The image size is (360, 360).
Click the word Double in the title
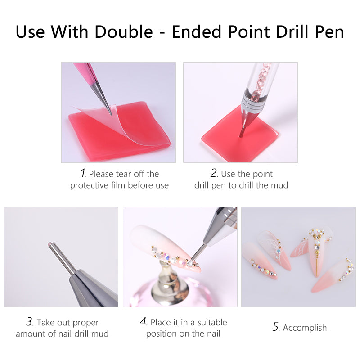pyautogui.click(x=124, y=31)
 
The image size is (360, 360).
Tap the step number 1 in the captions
pyautogui.click(x=83, y=173)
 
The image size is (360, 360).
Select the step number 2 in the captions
pyautogui.click(x=214, y=173)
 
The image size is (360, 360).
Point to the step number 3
pyautogui.click(x=30, y=321)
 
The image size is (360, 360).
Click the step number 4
pyautogui.click(x=143, y=321)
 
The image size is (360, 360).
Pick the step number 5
pyautogui.click(x=276, y=327)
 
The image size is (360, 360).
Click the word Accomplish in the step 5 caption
pyautogui.click(x=305, y=328)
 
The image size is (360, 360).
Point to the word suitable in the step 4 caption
pyautogui.click(x=212, y=322)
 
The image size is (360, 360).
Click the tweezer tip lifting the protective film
pyautogui.click(x=111, y=114)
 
